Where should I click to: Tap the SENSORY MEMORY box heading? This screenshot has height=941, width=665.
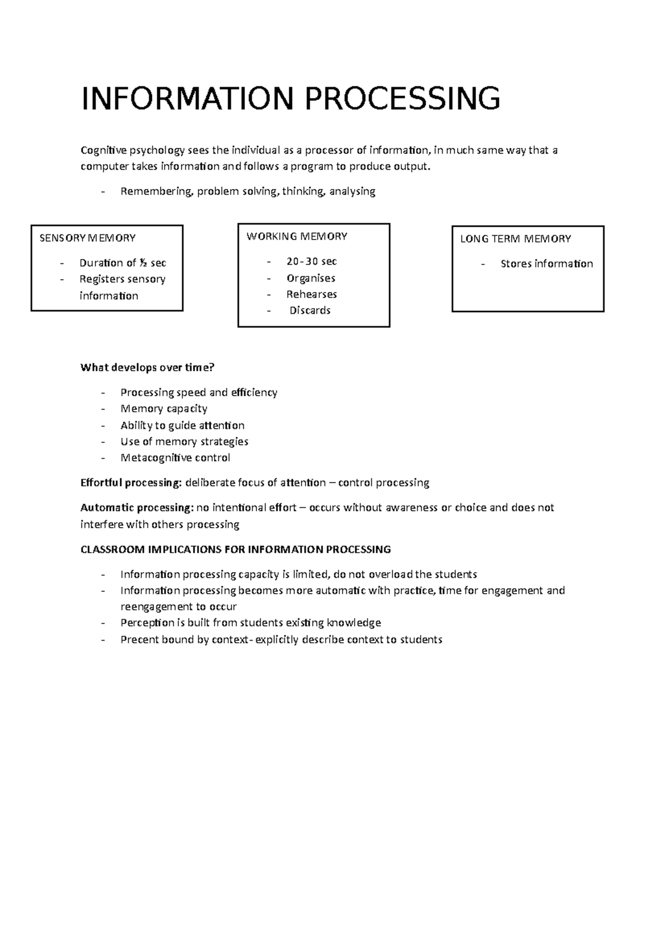88,238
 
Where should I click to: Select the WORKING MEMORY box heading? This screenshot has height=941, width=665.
296,237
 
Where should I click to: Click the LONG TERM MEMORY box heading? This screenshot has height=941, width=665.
515,239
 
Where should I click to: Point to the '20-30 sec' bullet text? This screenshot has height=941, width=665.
311,262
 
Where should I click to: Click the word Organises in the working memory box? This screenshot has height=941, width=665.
310,278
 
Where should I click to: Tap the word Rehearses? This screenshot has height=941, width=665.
311,294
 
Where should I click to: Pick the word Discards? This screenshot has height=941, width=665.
310,310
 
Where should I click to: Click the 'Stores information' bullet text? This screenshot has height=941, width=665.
546,264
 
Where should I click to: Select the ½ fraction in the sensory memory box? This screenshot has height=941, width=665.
143,263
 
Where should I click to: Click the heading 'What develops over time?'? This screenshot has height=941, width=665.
147,367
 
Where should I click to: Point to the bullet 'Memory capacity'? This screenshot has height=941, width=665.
164,409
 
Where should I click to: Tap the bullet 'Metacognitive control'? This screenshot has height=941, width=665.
175,458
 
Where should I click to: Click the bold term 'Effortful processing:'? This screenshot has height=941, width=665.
131,483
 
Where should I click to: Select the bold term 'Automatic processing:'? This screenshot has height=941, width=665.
136,508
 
